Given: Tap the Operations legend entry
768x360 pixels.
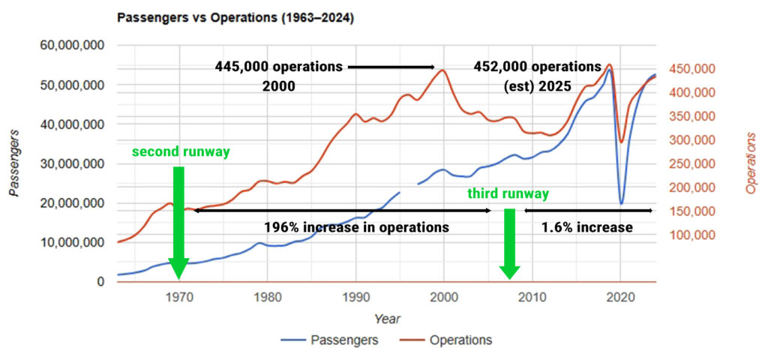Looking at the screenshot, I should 460,340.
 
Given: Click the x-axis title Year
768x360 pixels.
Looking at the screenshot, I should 387,319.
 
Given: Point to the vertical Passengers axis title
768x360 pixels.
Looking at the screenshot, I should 15,163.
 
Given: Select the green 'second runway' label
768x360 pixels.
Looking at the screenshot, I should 181,151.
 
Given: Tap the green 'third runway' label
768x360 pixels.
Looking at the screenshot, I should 508,193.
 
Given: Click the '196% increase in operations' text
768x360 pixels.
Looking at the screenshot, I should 356,226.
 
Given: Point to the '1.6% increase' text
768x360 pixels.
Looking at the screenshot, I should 586,226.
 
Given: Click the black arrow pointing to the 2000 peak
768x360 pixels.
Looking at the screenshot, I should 391,67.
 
